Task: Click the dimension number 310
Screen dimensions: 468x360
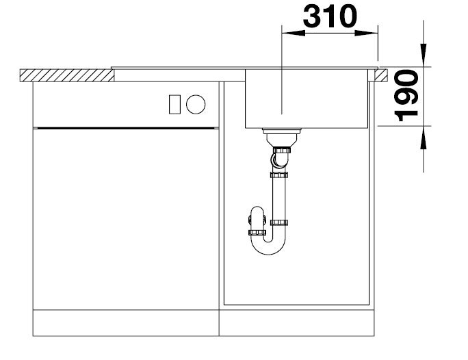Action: (330, 16)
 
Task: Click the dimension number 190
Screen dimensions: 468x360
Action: (406, 96)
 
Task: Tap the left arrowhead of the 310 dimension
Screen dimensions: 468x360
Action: (294, 33)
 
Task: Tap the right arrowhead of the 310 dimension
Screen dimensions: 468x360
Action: (367, 33)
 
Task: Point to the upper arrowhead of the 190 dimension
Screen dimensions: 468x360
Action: (424, 55)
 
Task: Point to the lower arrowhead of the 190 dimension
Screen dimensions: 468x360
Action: (424, 137)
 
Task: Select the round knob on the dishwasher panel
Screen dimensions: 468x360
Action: (196, 104)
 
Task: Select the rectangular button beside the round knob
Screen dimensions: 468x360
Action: (174, 104)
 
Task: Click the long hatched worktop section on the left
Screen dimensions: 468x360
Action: (67, 75)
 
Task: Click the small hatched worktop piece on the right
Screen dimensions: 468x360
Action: (381, 75)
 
